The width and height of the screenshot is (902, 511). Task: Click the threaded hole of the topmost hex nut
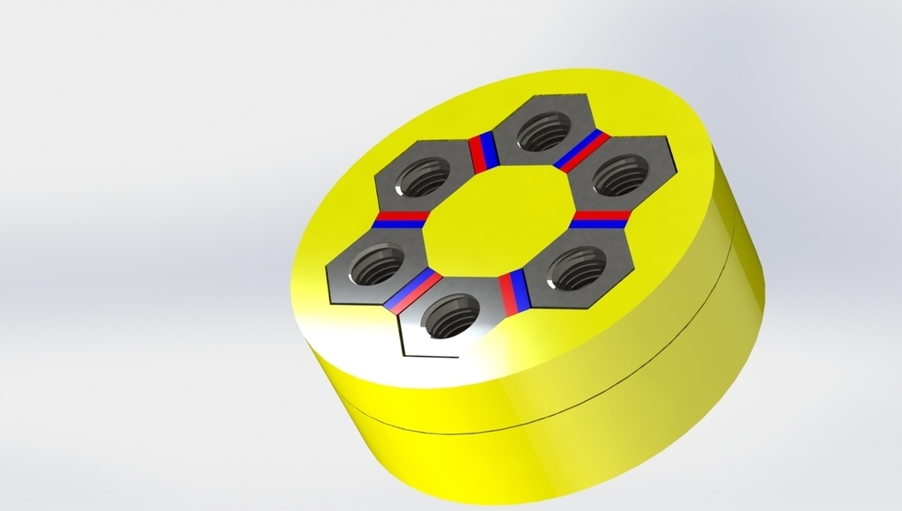click(x=541, y=133)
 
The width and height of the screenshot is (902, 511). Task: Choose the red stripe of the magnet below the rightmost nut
click(x=603, y=214)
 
